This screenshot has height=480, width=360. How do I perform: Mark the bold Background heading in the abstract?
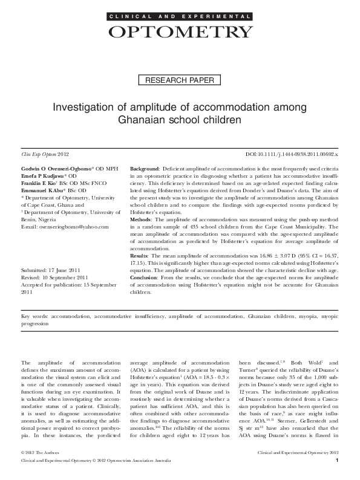[145, 166]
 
